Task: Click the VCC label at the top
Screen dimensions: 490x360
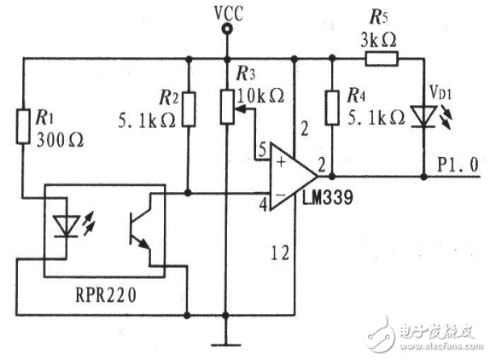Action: (x=229, y=14)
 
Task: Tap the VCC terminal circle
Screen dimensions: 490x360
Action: (x=227, y=29)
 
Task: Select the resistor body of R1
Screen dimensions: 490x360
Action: (x=23, y=126)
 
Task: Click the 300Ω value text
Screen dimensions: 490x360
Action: (x=60, y=140)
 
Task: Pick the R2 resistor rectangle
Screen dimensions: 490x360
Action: (x=189, y=109)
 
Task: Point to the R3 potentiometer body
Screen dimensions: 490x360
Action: (x=227, y=107)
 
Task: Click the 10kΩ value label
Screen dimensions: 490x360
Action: (x=260, y=96)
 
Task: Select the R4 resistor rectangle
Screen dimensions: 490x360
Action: (x=332, y=107)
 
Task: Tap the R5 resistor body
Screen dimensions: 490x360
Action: (x=382, y=59)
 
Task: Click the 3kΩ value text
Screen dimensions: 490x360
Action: (x=378, y=40)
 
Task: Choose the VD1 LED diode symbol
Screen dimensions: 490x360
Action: (x=423, y=117)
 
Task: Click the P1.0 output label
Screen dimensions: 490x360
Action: (x=458, y=165)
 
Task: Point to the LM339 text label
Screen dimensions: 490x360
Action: (x=327, y=197)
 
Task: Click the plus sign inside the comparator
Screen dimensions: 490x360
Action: (x=282, y=161)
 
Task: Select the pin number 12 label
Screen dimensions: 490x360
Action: (x=280, y=253)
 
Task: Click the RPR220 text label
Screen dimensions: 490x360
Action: (x=106, y=294)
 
